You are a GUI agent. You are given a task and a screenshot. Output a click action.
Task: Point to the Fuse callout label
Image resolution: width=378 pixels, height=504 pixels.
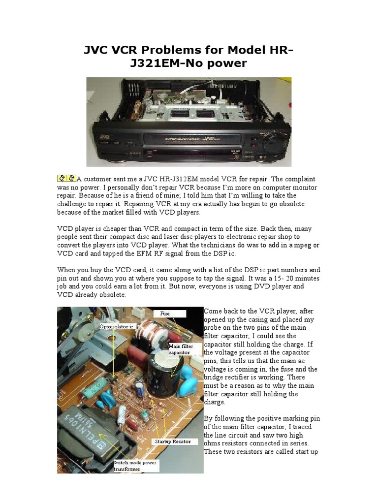[164, 313]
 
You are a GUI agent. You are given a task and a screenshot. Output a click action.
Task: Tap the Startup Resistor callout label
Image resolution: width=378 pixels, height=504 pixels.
[172, 441]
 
